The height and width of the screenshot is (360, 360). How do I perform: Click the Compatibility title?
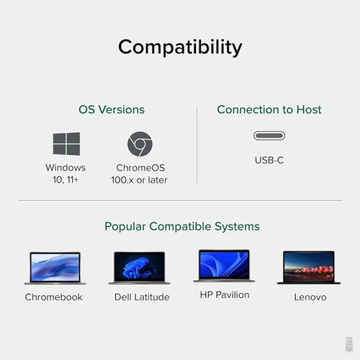(180, 48)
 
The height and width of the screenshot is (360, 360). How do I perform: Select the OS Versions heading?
(112, 110)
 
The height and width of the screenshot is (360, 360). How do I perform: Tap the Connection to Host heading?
(269, 110)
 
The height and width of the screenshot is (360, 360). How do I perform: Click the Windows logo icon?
(66, 144)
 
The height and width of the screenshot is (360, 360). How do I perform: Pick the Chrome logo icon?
(140, 144)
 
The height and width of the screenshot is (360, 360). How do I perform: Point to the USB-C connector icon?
(269, 135)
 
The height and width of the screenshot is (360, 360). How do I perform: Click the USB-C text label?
(269, 160)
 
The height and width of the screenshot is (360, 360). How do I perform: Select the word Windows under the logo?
(66, 168)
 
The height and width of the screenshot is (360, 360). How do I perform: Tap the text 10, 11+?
(66, 180)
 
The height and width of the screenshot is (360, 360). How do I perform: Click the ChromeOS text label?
(140, 168)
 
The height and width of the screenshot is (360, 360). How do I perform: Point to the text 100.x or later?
(140, 180)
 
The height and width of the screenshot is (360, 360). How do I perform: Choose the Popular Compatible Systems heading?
(182, 227)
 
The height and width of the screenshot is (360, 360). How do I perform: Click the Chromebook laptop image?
(54, 268)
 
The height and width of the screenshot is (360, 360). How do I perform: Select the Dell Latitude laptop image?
(140, 268)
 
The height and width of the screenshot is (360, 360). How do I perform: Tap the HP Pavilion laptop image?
(224, 266)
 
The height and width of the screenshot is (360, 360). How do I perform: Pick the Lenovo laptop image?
(309, 268)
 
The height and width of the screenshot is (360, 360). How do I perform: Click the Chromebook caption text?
(54, 297)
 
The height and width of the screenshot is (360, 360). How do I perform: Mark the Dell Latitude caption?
(142, 297)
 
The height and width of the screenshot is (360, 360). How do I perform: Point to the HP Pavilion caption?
(225, 295)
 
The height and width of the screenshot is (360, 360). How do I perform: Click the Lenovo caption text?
(310, 297)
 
